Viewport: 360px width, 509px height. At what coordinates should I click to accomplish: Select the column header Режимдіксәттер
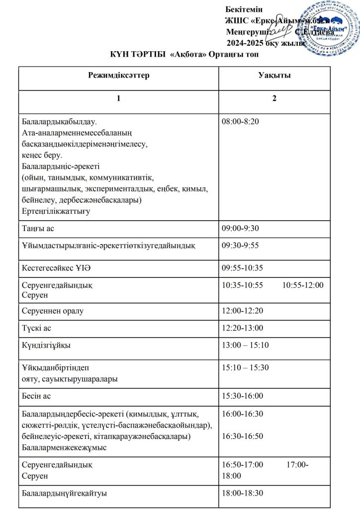(119, 76)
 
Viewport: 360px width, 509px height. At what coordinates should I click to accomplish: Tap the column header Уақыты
(274, 76)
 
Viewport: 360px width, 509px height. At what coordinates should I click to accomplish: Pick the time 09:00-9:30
(240, 228)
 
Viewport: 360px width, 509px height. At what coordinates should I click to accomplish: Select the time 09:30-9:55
(240, 246)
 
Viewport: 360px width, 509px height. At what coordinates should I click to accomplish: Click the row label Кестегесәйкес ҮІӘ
(56, 268)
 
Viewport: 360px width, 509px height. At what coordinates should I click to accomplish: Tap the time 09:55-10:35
(242, 268)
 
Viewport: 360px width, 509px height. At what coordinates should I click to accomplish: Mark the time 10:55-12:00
(303, 285)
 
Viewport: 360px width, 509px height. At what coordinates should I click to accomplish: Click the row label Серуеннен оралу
(53, 311)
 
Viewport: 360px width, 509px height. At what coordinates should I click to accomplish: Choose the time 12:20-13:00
(242, 328)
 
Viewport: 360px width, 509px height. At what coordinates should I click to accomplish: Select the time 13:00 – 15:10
(245, 345)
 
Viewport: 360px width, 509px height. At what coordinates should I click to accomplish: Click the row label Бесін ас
(36, 396)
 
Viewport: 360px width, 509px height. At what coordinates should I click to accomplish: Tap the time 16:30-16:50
(242, 436)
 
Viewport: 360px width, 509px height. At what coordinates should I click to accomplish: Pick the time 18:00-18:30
(242, 493)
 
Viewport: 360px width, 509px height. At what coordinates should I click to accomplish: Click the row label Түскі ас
(37, 328)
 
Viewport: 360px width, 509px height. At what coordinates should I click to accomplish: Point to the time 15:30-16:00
(242, 396)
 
